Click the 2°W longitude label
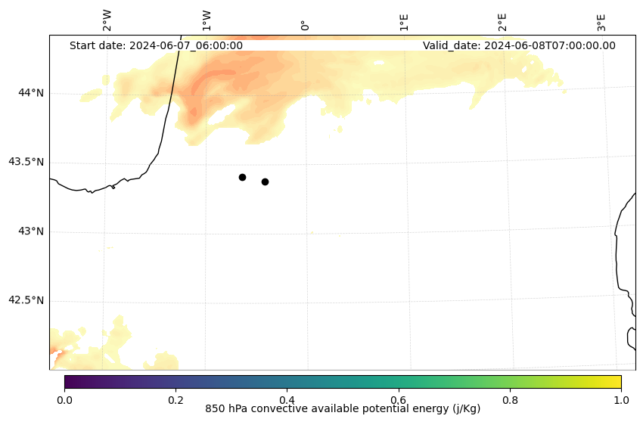[x=107, y=20]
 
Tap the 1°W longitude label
[x=206, y=20]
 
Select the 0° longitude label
[x=304, y=25]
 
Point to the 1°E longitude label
[x=404, y=22]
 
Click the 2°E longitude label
[x=502, y=22]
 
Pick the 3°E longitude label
[x=601, y=22]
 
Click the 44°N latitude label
[x=31, y=93]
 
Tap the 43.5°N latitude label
[x=26, y=162]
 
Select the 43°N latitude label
[x=31, y=231]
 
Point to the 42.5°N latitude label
[x=26, y=300]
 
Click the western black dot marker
[x=242, y=177]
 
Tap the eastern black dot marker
[x=265, y=182]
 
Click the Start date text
[x=156, y=45]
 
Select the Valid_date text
[x=519, y=45]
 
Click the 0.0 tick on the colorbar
[x=64, y=399]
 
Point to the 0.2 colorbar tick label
[x=176, y=399]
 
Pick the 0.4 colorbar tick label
[x=287, y=399]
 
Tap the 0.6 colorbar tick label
[x=398, y=399]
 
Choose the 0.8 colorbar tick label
[x=510, y=399]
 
